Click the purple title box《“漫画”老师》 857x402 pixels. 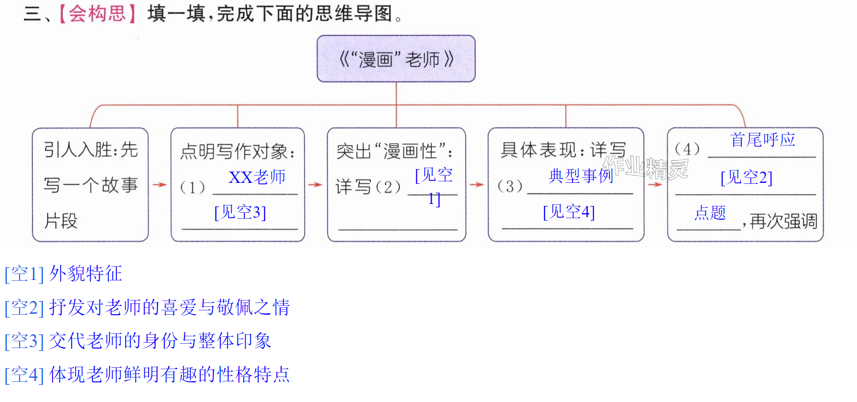(396, 58)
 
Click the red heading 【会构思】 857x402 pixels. (98, 14)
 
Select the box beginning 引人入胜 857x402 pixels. (90, 184)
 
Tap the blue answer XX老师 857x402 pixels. (257, 177)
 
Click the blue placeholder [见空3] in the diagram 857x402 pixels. (240, 212)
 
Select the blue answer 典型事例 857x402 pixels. (581, 176)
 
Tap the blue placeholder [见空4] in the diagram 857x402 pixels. (569, 212)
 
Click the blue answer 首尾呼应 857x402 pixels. (763, 140)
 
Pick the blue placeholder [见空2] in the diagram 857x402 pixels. (747, 177)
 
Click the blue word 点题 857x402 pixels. (710, 213)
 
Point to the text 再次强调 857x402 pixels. (783, 221)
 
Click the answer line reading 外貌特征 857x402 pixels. (64, 274)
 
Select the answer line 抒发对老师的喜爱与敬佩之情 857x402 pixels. (147, 307)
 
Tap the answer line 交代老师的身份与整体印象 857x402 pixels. (138, 341)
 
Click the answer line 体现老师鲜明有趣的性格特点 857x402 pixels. (147, 375)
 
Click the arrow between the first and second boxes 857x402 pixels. (159, 185)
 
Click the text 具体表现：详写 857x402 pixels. (563, 150)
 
